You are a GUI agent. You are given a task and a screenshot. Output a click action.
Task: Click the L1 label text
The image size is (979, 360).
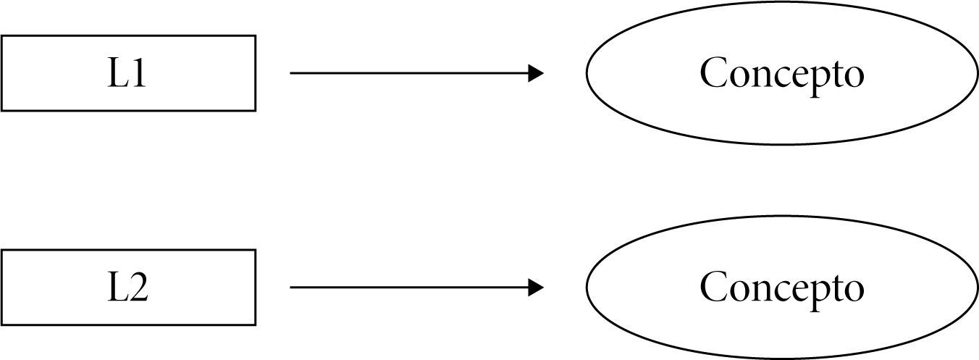(127, 74)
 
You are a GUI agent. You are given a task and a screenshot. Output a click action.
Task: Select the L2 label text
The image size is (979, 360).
(127, 288)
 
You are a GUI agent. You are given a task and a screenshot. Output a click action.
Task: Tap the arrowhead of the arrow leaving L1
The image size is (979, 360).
(537, 73)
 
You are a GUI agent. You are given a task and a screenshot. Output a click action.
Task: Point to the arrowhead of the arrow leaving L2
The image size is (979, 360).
(537, 288)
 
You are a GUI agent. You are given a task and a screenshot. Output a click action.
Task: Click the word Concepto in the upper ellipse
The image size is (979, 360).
(781, 74)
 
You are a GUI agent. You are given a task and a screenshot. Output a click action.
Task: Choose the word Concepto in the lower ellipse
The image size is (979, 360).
(781, 288)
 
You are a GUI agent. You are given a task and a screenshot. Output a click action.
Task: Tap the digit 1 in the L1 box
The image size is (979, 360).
(138, 74)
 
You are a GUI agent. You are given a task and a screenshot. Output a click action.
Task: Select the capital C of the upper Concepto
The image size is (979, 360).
(714, 73)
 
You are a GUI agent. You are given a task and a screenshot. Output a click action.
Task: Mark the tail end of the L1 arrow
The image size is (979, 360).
(292, 73)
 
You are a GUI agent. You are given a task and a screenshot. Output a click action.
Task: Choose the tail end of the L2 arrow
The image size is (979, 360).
(292, 288)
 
